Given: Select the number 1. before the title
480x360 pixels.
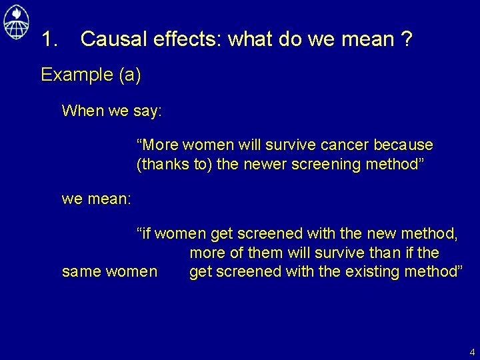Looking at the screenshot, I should pos(51,39).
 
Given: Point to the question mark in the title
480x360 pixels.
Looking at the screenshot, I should pos(406,39).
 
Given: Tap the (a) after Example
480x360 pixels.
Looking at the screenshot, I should pos(129,75).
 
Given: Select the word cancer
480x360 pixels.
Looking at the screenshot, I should pos(349,145).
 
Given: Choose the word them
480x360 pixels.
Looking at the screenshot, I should pos(265,253).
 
